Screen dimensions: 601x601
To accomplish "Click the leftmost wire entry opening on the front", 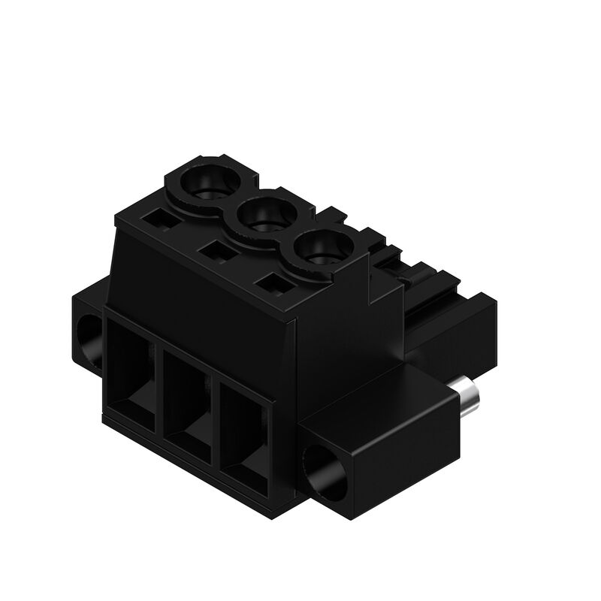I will (131, 368).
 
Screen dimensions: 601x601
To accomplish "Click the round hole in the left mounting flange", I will (89, 340).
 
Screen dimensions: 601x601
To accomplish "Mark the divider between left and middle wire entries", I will (159, 383).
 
